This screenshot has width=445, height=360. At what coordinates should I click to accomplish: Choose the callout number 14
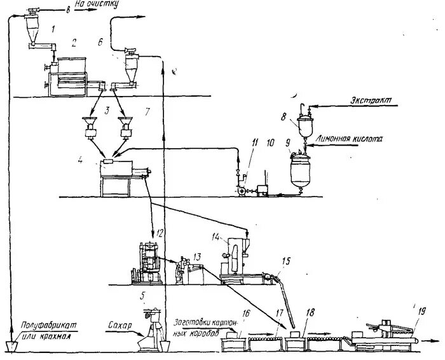click(x=217, y=237)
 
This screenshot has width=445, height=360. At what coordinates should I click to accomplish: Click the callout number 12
click(x=160, y=234)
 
